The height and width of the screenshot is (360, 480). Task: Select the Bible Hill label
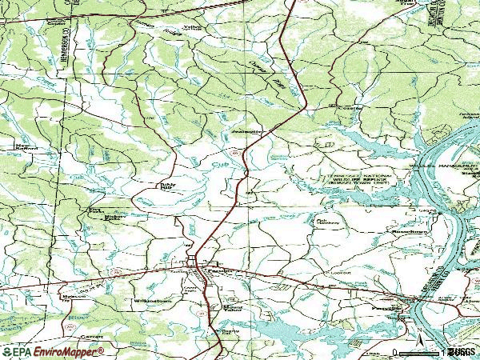166,186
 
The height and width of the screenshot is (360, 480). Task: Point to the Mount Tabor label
233,308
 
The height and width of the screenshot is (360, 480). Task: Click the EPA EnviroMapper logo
52,351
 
